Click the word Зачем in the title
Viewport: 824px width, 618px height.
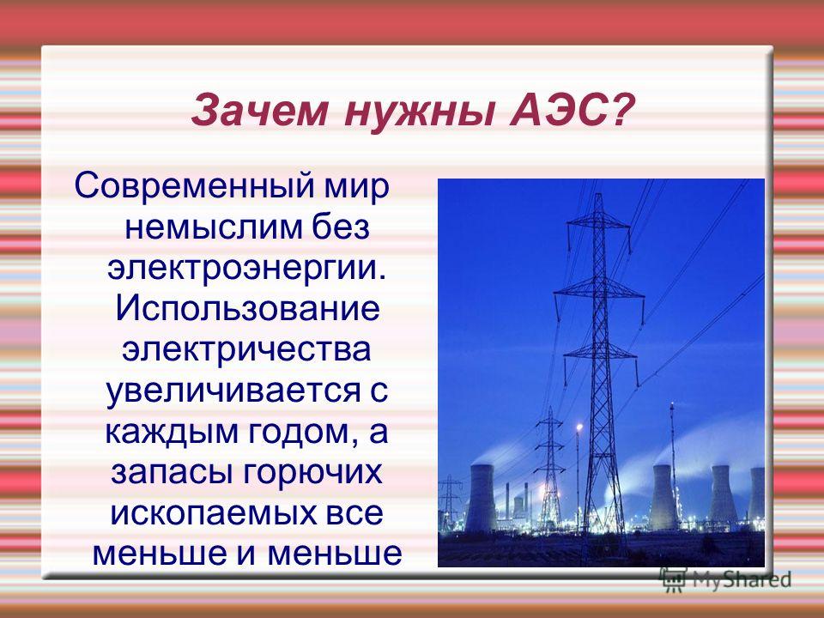(x=260, y=111)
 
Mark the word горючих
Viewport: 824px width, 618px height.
(x=312, y=473)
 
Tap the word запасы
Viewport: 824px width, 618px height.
(x=172, y=473)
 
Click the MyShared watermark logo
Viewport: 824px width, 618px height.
(x=726, y=580)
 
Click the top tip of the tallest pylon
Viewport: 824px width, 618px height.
(x=599, y=194)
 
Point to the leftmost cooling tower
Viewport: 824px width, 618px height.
(x=481, y=498)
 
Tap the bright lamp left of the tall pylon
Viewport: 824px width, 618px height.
(x=579, y=427)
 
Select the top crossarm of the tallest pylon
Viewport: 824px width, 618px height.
(x=598, y=224)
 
